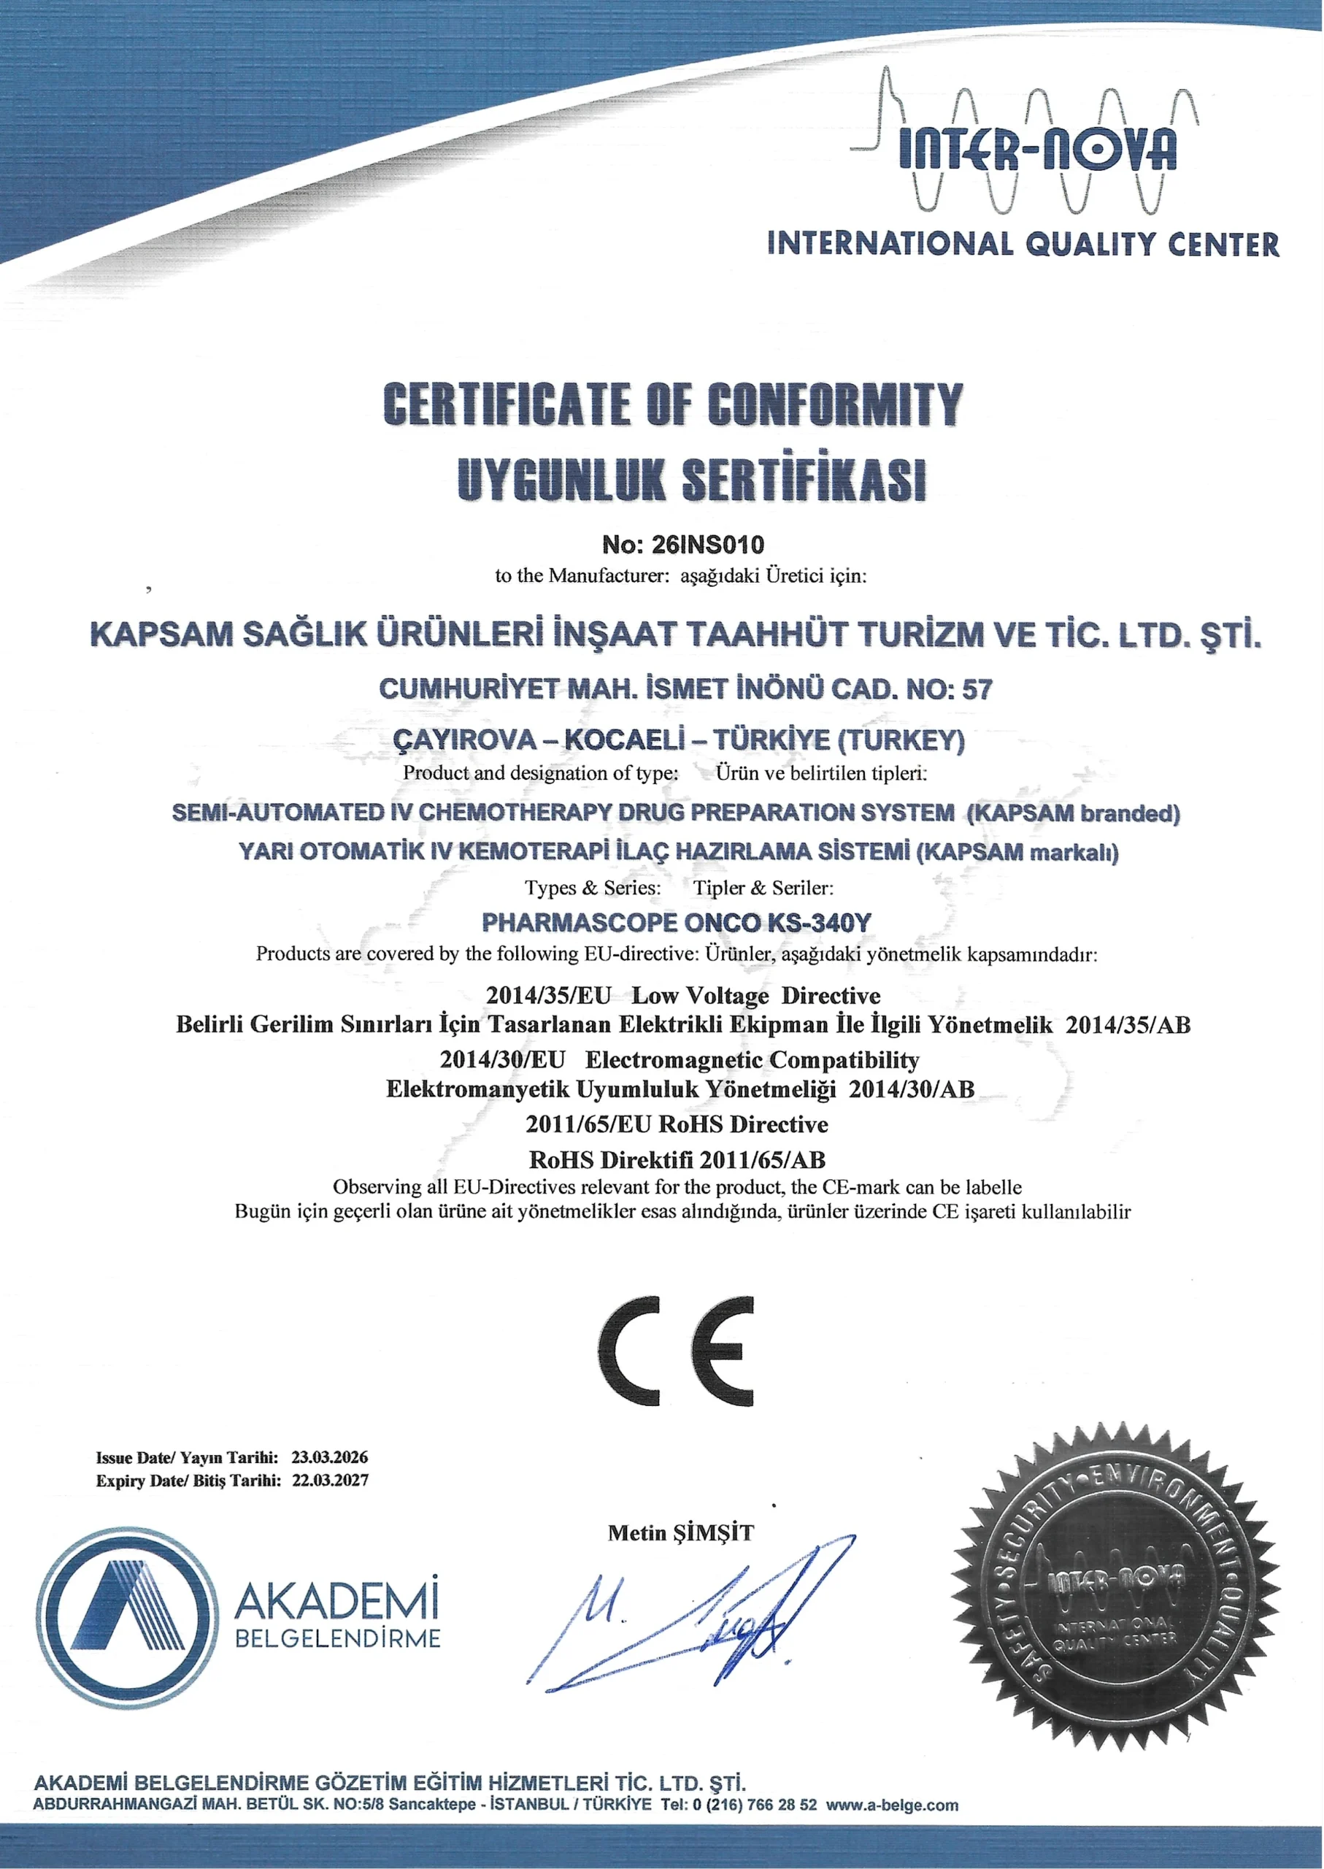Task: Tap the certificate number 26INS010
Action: pos(708,544)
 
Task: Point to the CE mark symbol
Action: pos(676,1350)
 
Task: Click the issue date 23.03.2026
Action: pos(329,1457)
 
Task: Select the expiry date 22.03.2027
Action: pos(329,1480)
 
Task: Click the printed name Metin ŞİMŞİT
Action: pos(681,1533)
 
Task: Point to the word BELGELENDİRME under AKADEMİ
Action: pos(336,1638)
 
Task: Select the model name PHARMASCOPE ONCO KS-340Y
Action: pos(676,922)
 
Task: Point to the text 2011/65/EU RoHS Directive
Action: pos(676,1124)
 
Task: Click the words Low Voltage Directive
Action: pos(755,996)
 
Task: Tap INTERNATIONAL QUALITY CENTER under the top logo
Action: pos(1023,243)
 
